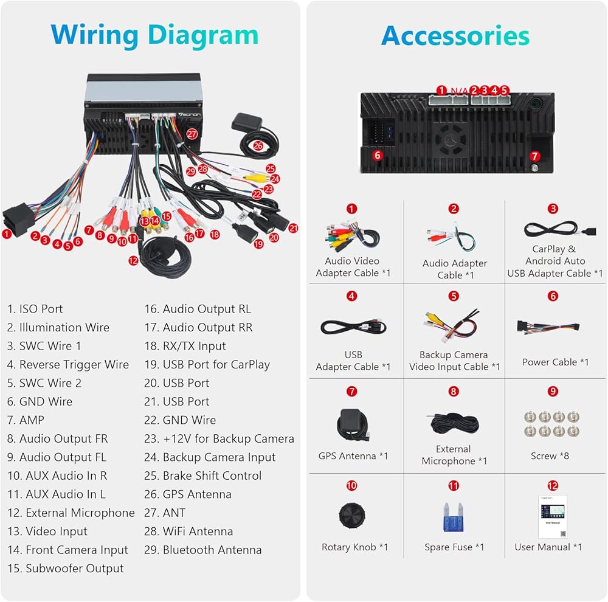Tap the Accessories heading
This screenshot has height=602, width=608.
coord(455,36)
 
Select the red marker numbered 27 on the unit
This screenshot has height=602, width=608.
coord(192,133)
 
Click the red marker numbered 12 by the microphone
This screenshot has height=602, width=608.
coord(133,260)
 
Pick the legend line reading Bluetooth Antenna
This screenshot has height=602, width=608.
coord(203,550)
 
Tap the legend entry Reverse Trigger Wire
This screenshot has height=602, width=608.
coord(68,365)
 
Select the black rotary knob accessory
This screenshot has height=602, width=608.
coord(352,516)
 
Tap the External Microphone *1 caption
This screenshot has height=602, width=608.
coord(454,455)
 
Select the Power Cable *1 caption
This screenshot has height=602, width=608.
coord(555,362)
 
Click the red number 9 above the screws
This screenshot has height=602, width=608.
coord(553,392)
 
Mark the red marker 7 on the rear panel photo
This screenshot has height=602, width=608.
coord(534,156)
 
